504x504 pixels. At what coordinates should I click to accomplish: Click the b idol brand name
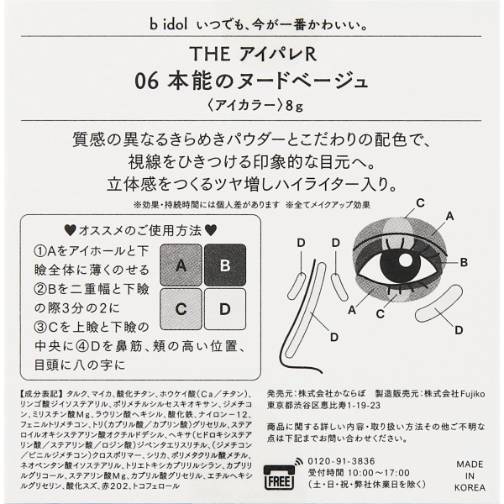click(x=168, y=25)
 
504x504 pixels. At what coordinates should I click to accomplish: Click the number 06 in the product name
click(x=146, y=81)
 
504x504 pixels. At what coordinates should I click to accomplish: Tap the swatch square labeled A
click(x=181, y=265)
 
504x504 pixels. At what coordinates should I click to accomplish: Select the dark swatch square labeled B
click(x=225, y=265)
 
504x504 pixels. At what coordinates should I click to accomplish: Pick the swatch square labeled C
click(x=181, y=309)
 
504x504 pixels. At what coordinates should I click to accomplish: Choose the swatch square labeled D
click(x=225, y=309)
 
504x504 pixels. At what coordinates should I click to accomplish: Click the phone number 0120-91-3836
click(x=341, y=461)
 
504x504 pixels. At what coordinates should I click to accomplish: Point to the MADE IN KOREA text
click(x=470, y=475)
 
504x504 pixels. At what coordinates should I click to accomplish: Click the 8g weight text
click(x=294, y=106)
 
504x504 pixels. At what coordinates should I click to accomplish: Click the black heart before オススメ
click(x=70, y=230)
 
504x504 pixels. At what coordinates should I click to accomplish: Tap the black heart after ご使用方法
click(x=211, y=230)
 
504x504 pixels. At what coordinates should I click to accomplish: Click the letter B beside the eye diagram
click(x=464, y=262)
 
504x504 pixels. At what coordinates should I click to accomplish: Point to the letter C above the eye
click(x=420, y=203)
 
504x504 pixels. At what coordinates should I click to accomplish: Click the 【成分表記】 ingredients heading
click(x=43, y=394)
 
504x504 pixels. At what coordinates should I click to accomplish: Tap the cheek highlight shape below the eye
click(x=438, y=303)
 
